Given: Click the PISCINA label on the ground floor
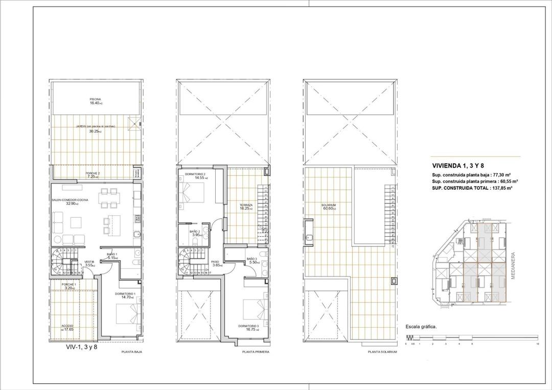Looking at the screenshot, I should (95, 99).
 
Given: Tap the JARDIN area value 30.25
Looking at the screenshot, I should (95, 131).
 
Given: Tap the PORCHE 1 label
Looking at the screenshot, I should (68, 284).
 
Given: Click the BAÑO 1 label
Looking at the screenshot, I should (112, 254).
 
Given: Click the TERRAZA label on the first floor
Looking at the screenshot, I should (246, 205).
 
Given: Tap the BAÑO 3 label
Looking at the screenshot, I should (251, 259).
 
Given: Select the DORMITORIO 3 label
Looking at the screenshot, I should (248, 326).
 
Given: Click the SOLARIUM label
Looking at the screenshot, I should (329, 205).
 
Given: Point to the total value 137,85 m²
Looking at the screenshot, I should (501, 188).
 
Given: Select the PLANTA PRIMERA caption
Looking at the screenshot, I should (256, 352).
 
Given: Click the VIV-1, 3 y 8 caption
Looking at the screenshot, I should (82, 347).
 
